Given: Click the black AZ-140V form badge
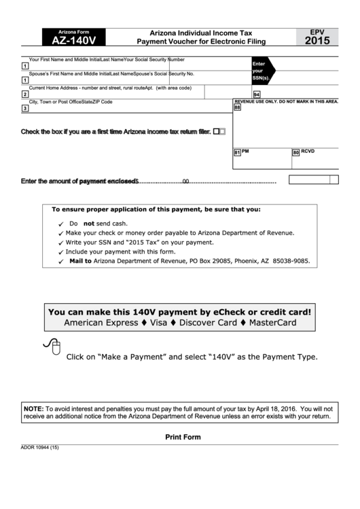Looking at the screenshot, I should (x=73, y=37).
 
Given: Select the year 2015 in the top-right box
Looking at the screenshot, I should (x=318, y=41).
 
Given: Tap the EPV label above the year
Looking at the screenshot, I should (x=318, y=31).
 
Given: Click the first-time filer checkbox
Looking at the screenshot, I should (x=217, y=132).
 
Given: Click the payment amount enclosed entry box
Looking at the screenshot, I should (x=313, y=179).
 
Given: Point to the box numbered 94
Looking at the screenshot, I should (x=257, y=94).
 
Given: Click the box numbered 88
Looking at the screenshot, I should (x=237, y=107).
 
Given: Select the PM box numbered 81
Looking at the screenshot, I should (x=237, y=153).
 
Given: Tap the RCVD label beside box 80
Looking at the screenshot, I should (x=308, y=151).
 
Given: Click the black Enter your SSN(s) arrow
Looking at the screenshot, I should (x=262, y=70).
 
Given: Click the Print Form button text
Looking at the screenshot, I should (x=183, y=437).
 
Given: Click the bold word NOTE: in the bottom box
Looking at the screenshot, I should (x=33, y=408).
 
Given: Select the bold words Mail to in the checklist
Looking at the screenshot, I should (x=80, y=260).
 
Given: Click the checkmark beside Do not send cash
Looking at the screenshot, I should (x=61, y=224).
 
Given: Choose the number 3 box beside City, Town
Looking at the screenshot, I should (x=25, y=108).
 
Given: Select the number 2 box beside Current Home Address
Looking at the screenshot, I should (x=25, y=94).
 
